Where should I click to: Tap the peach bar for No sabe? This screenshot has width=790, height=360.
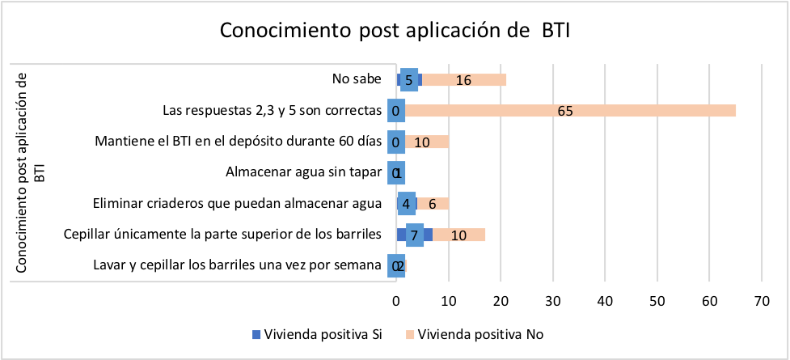point(477,79)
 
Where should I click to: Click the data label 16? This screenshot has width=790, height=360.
point(463,80)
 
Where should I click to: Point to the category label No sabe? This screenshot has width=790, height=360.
point(357,79)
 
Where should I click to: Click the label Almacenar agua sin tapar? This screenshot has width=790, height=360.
point(302,172)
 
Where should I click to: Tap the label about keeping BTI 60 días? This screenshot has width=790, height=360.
point(238,141)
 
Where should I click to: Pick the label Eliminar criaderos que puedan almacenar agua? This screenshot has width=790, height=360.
point(237,203)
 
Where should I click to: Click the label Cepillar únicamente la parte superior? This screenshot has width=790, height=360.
point(222,235)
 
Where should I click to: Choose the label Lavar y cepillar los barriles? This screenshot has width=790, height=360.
point(237,265)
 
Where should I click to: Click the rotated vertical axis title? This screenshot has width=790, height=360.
point(29,172)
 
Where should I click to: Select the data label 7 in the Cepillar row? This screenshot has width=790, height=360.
point(414,235)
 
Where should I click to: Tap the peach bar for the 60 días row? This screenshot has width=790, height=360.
point(428,142)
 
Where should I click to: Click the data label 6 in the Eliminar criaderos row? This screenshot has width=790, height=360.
point(433,204)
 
